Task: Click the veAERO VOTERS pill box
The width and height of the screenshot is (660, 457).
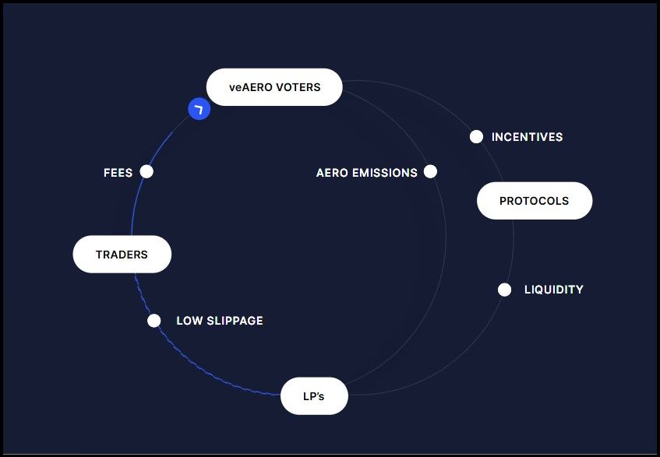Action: (274, 87)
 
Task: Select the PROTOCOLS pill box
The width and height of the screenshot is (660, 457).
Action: (535, 201)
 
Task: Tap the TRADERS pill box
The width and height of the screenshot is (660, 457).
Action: (122, 255)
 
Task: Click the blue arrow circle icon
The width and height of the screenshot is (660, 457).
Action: (199, 109)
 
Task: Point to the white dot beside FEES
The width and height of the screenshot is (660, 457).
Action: (146, 172)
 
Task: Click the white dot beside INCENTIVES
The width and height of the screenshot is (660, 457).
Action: (477, 137)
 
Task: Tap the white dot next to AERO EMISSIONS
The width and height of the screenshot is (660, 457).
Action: (430, 172)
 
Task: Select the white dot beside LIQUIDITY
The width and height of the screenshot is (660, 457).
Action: (505, 290)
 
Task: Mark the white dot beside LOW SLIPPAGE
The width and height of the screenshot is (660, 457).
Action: (154, 321)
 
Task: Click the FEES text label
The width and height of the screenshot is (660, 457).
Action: (118, 173)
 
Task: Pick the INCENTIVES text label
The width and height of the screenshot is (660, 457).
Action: (527, 138)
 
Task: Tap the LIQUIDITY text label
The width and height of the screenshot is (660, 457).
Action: (553, 290)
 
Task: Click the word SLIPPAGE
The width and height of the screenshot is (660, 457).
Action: (232, 321)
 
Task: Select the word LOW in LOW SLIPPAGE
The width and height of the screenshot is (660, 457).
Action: (188, 321)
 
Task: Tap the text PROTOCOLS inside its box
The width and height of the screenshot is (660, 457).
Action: (535, 201)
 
